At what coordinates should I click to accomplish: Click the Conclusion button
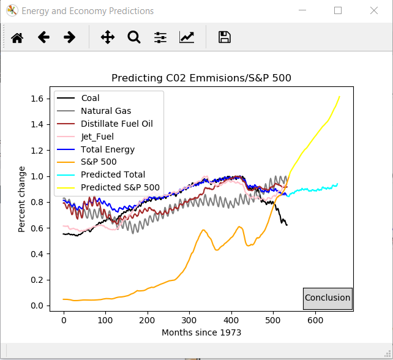[327, 298]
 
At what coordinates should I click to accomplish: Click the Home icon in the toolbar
[17, 37]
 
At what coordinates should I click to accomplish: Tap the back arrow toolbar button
[43, 37]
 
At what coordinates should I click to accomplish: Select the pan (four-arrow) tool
[108, 37]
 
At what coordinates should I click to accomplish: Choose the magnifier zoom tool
[134, 37]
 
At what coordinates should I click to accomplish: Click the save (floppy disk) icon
[225, 37]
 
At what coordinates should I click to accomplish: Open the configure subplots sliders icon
[160, 37]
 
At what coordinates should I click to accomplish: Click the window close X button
[374, 11]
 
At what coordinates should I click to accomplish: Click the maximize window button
[338, 11]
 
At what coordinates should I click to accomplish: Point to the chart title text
[201, 78]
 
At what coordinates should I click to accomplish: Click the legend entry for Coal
[90, 98]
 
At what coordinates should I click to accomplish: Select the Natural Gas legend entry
[105, 111]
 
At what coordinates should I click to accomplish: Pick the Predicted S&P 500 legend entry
[120, 187]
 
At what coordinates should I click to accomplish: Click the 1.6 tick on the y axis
[37, 99]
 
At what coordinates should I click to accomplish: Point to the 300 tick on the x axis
[189, 320]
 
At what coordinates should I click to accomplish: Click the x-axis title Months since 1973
[201, 332]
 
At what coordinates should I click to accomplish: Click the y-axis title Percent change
[22, 199]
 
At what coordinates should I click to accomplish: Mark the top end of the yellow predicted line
[339, 96]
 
